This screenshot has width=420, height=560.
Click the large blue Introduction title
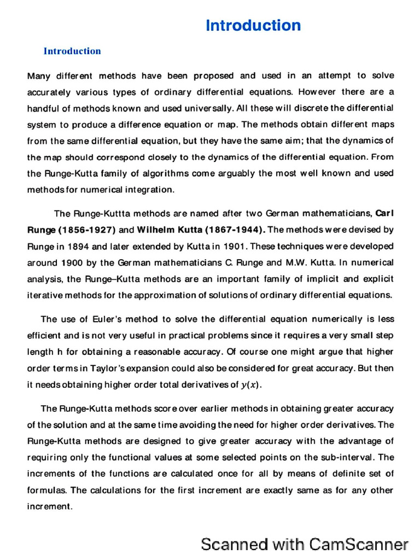[253, 26]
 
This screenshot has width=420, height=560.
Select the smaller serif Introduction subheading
[72, 51]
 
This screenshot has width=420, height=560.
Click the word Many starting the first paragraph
[38, 76]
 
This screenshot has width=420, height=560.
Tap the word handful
[42, 108]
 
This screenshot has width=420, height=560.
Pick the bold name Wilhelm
[158, 230]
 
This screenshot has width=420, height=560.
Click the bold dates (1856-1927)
[84, 230]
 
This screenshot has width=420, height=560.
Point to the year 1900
[71, 263]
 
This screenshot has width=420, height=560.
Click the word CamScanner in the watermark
[359, 544]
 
